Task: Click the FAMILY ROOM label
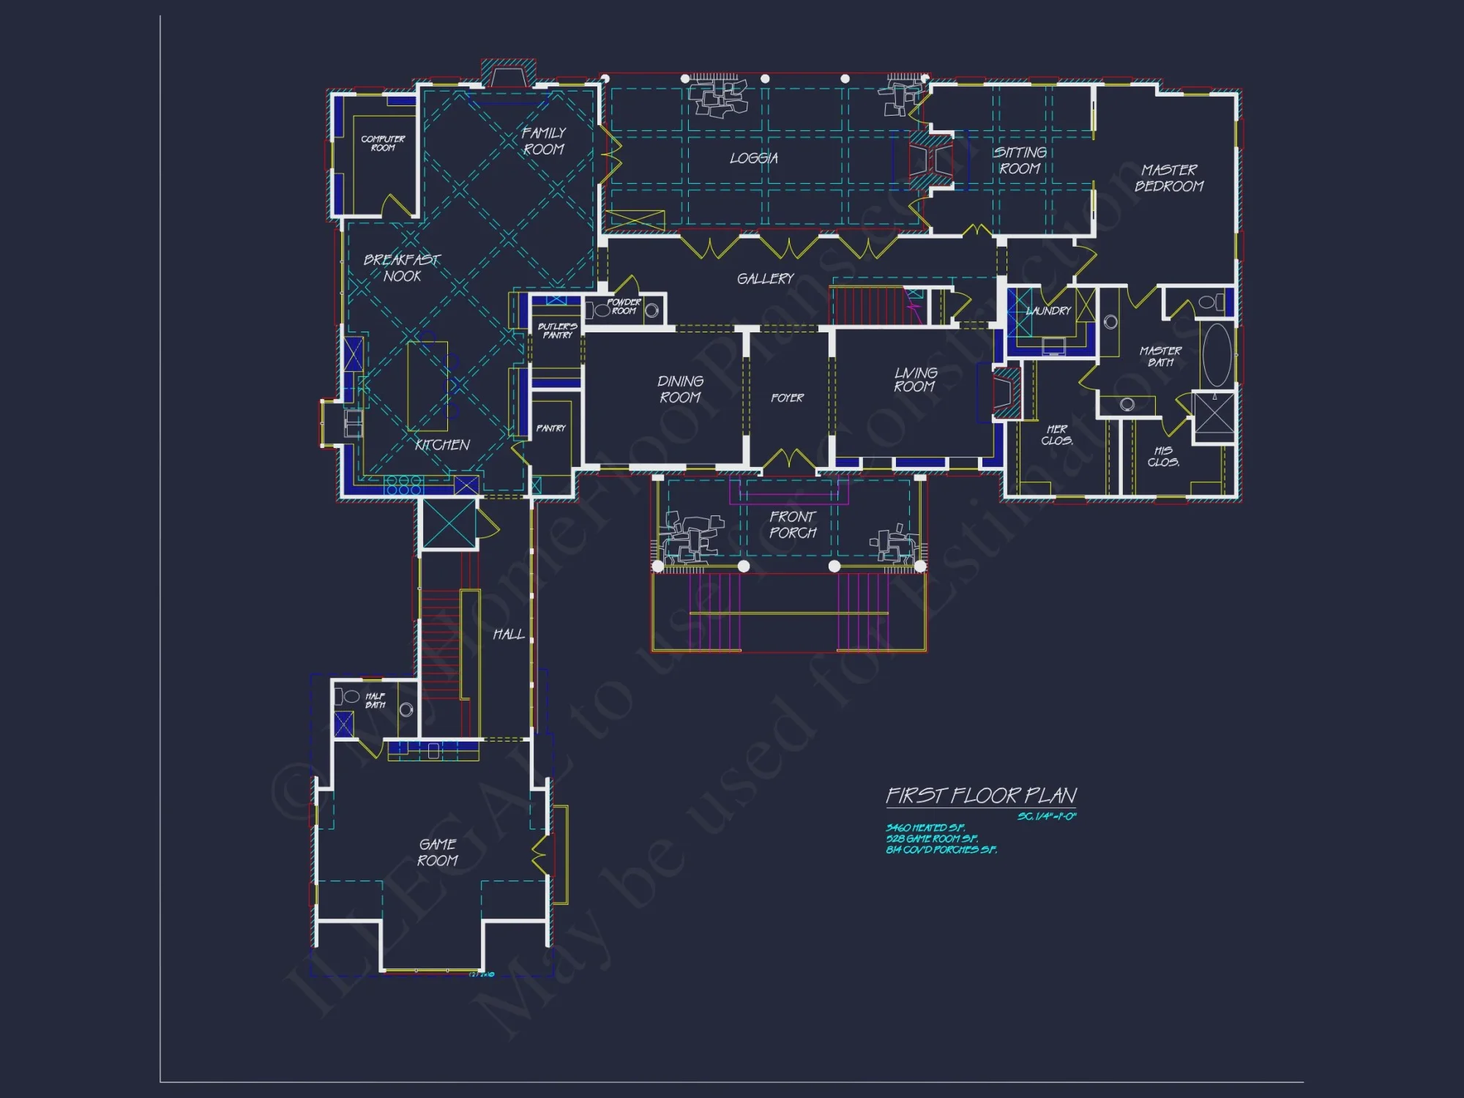tap(543, 141)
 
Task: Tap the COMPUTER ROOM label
tap(382, 143)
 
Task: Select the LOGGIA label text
tap(753, 158)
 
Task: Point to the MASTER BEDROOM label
tap(1169, 178)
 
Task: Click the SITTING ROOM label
tap(1020, 160)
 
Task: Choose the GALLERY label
tap(765, 279)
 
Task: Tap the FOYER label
tap(787, 398)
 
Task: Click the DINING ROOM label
tap(680, 389)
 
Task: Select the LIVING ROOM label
tap(915, 380)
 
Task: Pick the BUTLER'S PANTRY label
tap(557, 331)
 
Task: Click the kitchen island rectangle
tap(427, 386)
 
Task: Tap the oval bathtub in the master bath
tap(1217, 355)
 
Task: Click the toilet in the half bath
tap(347, 697)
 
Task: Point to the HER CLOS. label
tap(1057, 435)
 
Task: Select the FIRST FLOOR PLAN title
tap(981, 796)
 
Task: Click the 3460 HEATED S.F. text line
tap(925, 828)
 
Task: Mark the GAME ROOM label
tap(438, 853)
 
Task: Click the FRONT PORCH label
tap(792, 525)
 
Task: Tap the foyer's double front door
tap(788, 460)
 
